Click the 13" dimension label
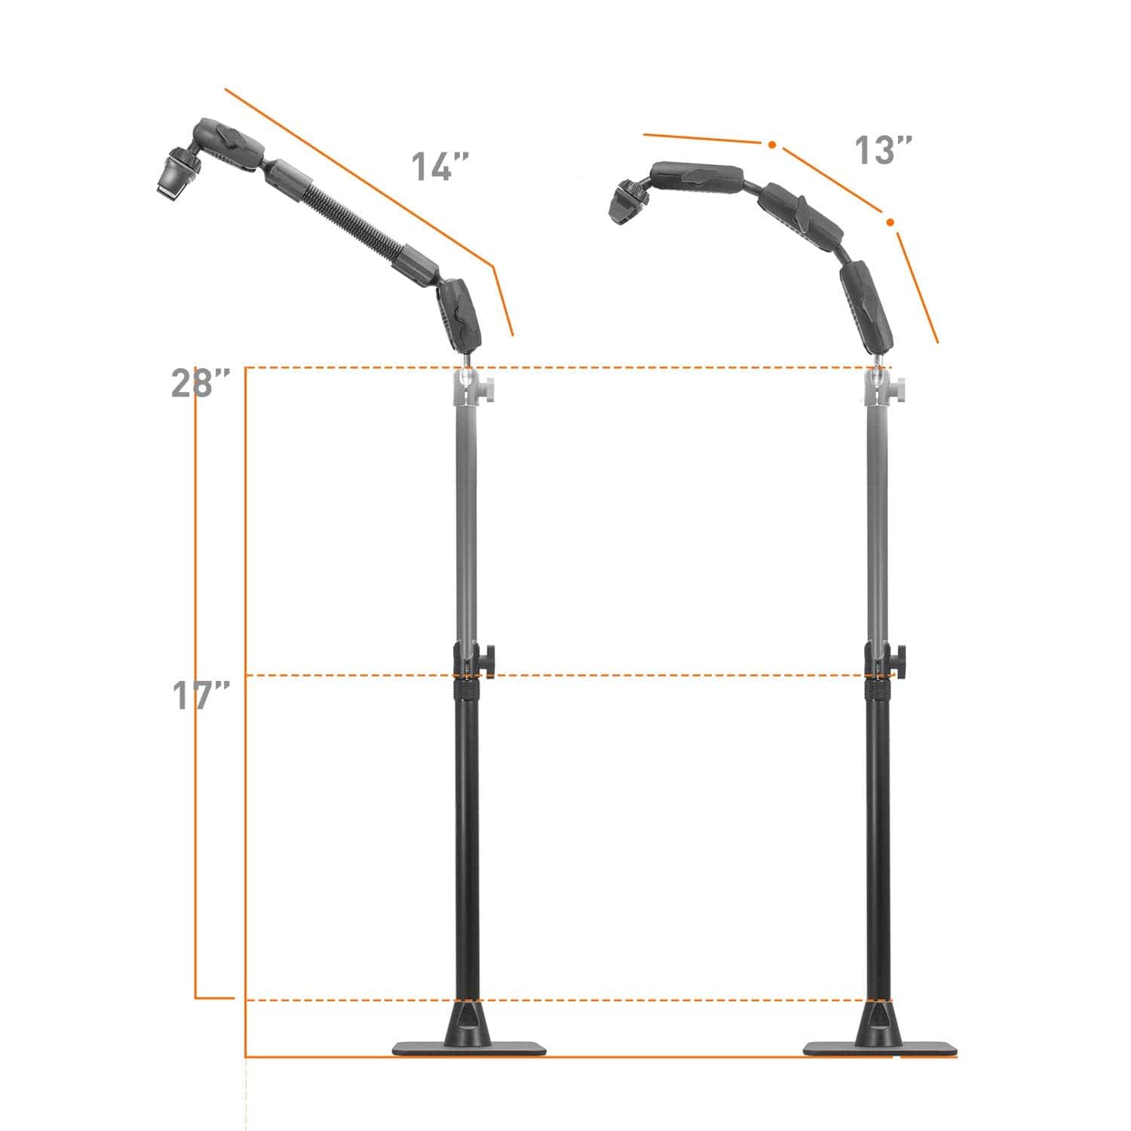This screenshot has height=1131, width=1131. [x=883, y=151]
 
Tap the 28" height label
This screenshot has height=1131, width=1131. [x=200, y=383]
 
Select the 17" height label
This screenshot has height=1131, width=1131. [x=200, y=695]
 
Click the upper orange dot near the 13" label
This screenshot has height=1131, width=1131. [x=771, y=144]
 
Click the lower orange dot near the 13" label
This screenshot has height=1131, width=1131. [x=890, y=222]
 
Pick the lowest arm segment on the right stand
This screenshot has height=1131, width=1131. [x=867, y=305]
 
